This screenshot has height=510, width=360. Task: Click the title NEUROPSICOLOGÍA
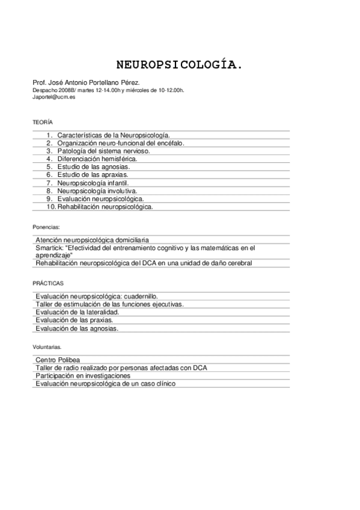click(x=180, y=64)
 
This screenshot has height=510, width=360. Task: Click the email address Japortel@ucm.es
click(x=54, y=96)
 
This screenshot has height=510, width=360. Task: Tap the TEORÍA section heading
click(x=43, y=122)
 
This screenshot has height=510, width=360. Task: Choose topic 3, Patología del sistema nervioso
click(x=103, y=151)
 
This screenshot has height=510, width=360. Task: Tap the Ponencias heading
click(x=46, y=227)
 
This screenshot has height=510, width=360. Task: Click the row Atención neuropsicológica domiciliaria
click(x=92, y=239)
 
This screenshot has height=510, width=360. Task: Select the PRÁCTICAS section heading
click(x=48, y=282)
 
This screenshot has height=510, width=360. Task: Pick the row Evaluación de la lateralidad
click(x=77, y=312)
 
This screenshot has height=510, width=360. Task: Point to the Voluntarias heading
click(x=47, y=347)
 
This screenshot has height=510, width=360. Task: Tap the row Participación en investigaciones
click(x=83, y=375)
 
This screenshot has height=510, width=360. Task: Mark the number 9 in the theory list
click(x=50, y=198)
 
